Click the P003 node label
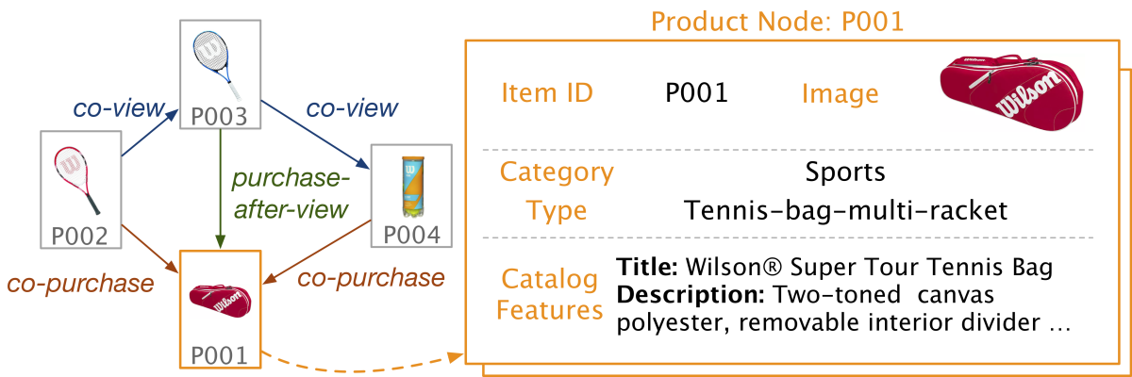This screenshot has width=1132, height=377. pyautogui.click(x=220, y=117)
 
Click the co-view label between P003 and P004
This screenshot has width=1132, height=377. pyautogui.click(x=352, y=107)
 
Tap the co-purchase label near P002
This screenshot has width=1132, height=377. pyautogui.click(x=79, y=283)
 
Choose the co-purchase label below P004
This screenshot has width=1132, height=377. pyautogui.click(x=371, y=278)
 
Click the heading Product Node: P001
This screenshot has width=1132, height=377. pyautogui.click(x=777, y=21)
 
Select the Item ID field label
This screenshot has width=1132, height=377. pyautogui.click(x=548, y=92)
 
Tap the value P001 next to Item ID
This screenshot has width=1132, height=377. pyautogui.click(x=696, y=92)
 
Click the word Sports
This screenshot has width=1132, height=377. pyautogui.click(x=845, y=172)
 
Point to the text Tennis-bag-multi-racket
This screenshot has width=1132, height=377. pyautogui.click(x=845, y=209)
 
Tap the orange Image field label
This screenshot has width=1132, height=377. pyautogui.click(x=840, y=93)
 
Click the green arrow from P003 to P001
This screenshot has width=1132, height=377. pyautogui.click(x=220, y=188)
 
